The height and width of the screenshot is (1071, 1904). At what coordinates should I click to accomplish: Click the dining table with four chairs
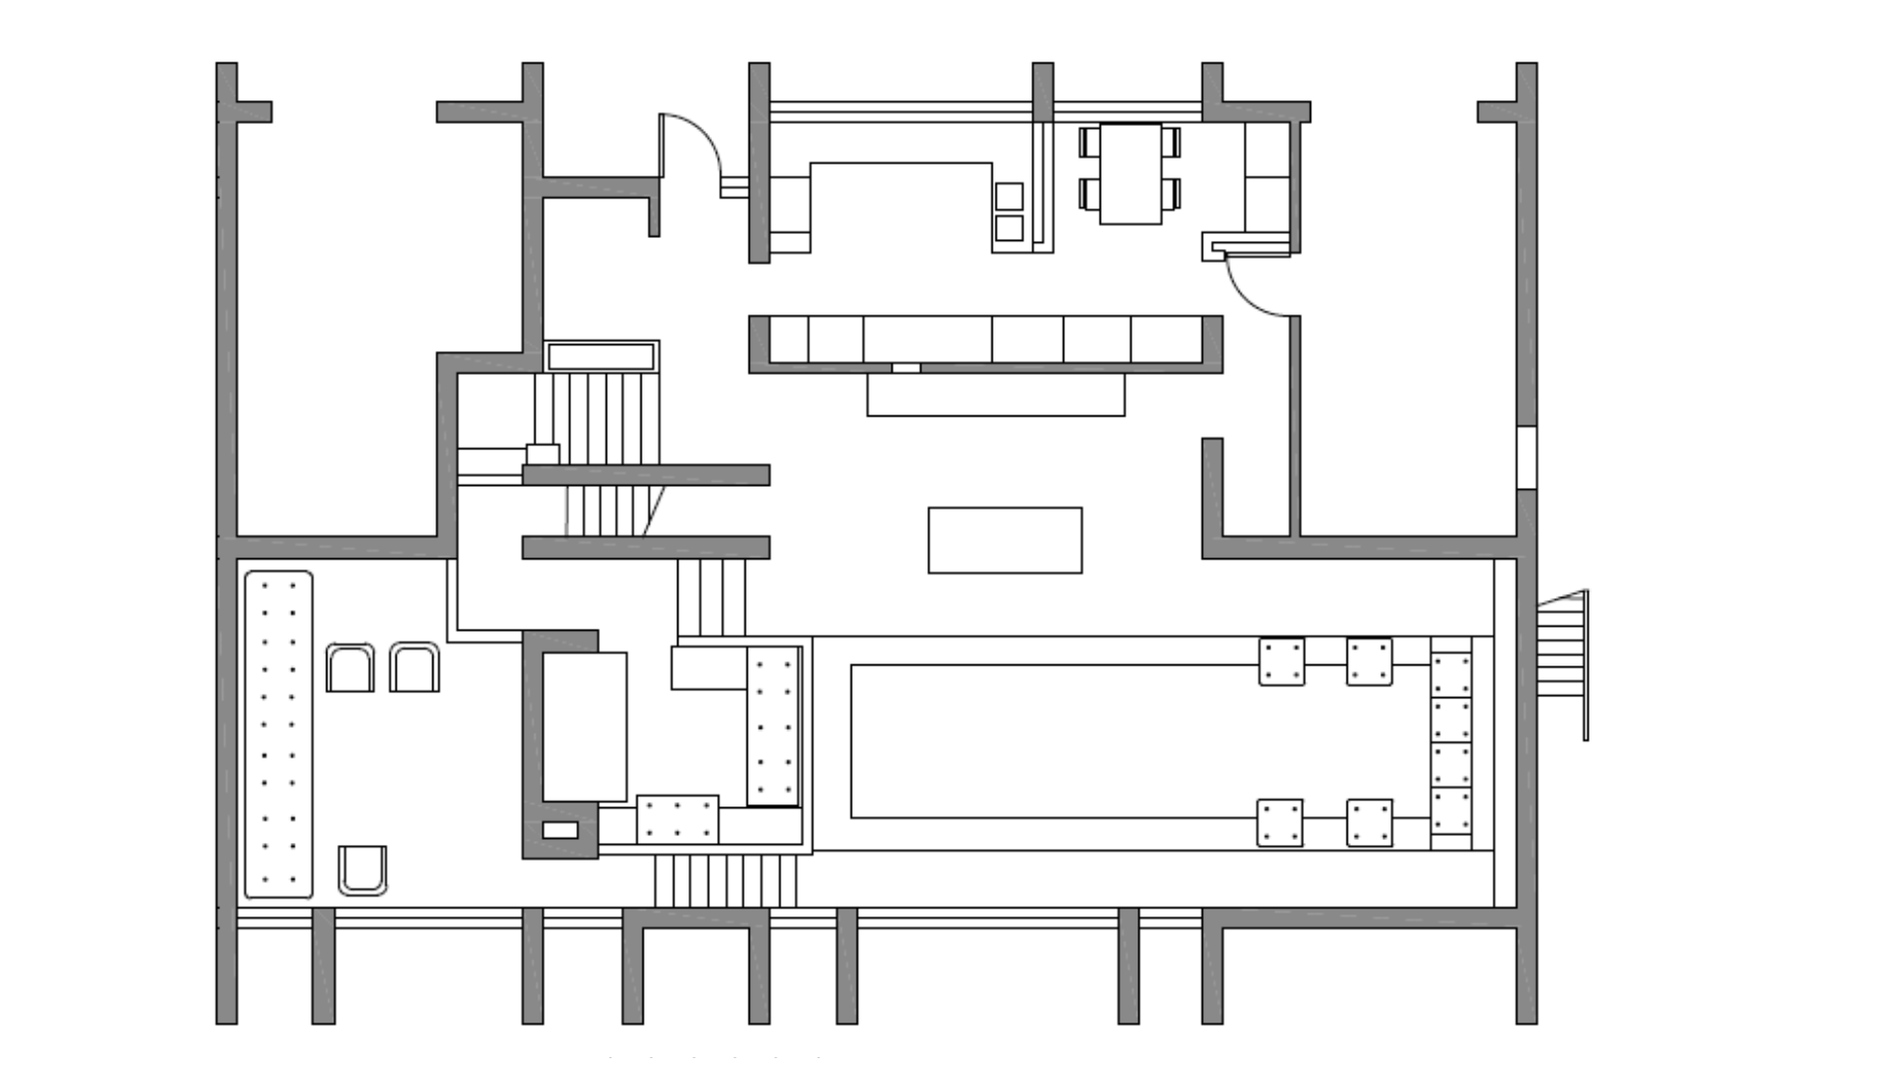tap(1130, 174)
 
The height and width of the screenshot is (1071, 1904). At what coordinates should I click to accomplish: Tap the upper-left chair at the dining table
tap(1090, 142)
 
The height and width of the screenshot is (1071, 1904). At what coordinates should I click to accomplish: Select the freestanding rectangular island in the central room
tap(1005, 540)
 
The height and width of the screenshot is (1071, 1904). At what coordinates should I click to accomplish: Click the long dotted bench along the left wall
tap(279, 734)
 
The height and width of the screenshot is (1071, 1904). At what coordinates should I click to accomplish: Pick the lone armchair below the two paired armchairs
tap(363, 870)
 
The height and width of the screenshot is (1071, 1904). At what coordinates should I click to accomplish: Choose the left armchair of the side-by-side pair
tap(350, 668)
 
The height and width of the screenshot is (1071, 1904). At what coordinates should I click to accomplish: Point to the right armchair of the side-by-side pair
tap(415, 667)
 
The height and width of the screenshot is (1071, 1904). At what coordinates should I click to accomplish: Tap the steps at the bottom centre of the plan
tap(725, 881)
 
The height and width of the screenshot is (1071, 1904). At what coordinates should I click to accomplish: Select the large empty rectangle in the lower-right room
tap(1051, 741)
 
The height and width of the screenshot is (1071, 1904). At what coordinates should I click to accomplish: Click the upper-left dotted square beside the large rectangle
tap(1281, 661)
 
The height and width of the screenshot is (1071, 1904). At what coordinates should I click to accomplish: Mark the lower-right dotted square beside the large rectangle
tap(1369, 823)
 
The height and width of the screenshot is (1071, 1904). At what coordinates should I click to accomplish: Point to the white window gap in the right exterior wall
tap(1527, 457)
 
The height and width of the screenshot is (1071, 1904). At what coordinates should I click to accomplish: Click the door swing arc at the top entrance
tap(694, 139)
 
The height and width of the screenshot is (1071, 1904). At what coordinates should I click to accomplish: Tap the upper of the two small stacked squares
tap(1010, 196)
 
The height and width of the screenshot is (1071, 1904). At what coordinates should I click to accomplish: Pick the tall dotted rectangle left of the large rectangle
tap(773, 726)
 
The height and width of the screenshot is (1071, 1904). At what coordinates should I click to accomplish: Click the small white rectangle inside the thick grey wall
tap(559, 830)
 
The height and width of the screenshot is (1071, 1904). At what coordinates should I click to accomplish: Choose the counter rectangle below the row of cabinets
tap(996, 395)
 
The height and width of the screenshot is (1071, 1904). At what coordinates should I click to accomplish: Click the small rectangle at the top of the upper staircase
tap(601, 356)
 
